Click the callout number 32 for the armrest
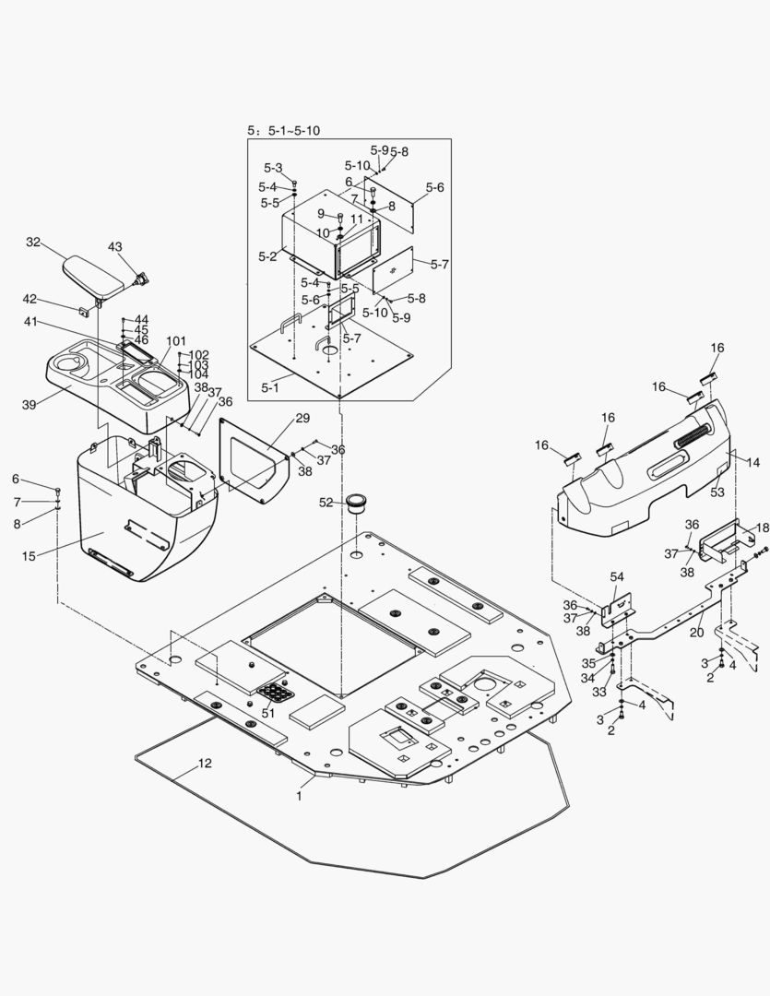[33, 243]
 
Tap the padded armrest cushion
[96, 274]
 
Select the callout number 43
[115, 247]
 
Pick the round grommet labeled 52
[357, 504]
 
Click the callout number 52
[326, 503]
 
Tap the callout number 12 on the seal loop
[205, 763]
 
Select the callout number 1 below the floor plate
[299, 795]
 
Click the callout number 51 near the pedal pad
[268, 712]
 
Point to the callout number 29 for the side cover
[302, 419]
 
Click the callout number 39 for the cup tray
[29, 405]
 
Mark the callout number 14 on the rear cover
[753, 463]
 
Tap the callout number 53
[717, 493]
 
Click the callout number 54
[616, 576]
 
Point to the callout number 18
[762, 528]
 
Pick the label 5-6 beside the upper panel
[434, 187]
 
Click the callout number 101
[175, 340]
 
